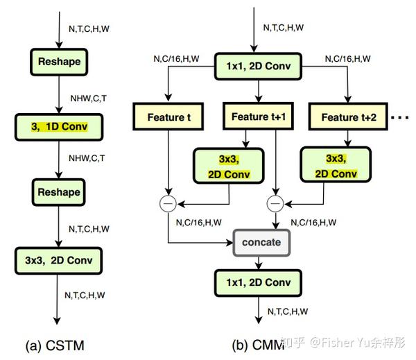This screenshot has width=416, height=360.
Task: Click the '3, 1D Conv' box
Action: click(59, 127)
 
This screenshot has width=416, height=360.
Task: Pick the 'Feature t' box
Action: click(168, 117)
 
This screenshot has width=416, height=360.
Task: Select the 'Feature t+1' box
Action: click(258, 117)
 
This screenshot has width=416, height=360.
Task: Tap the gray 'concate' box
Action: click(261, 242)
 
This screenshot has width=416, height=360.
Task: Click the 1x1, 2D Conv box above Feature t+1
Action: click(257, 66)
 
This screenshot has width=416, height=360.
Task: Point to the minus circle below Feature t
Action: click(168, 204)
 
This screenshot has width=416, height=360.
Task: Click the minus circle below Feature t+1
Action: click(275, 204)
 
